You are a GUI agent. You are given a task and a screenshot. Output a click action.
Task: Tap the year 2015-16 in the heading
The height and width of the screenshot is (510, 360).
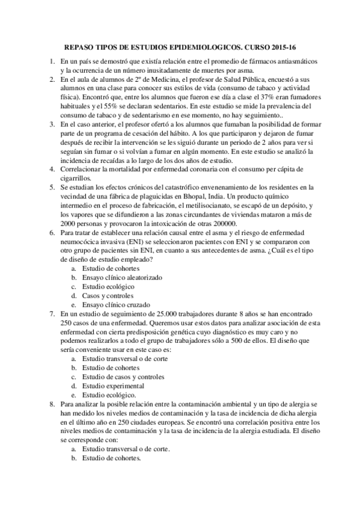point(286,47)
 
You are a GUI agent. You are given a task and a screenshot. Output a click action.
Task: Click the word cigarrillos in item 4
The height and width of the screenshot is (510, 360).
point(76,178)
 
